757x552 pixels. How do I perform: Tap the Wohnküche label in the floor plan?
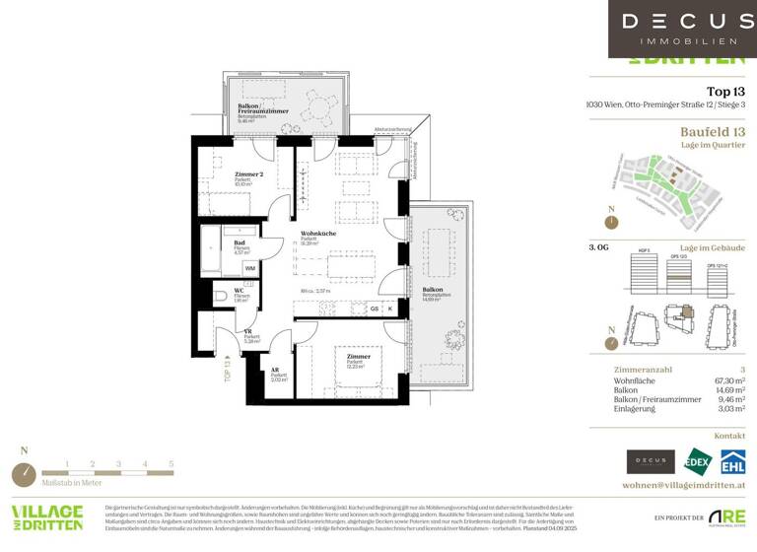317,234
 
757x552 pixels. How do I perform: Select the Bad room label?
240,242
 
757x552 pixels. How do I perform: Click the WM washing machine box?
249,267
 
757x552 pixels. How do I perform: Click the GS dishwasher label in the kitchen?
374,309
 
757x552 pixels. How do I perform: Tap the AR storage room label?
275,370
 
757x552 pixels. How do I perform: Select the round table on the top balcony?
315,104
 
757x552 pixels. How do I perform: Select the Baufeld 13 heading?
713,131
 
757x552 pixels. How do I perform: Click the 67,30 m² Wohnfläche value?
726,378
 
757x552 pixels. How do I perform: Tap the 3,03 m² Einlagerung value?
729,407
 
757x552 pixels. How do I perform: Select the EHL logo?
731,461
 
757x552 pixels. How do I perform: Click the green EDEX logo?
698,461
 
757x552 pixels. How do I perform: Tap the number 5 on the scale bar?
171,462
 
